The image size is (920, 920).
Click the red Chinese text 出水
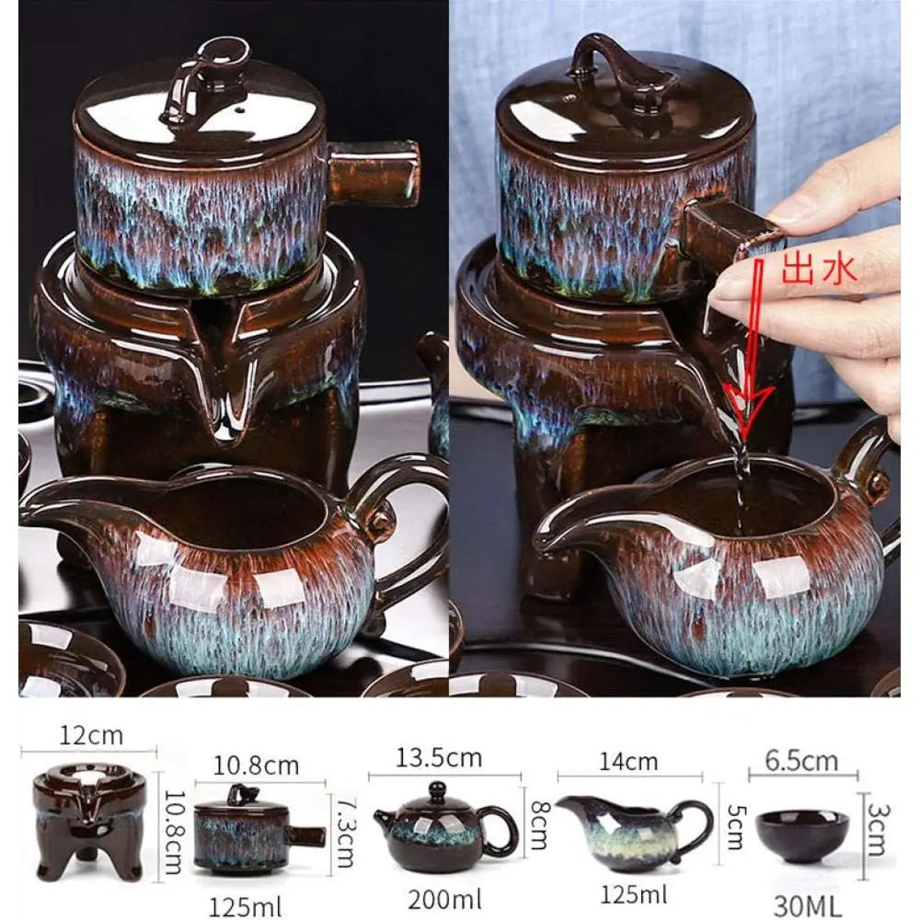pos(819,269)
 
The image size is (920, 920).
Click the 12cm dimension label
pos(90,736)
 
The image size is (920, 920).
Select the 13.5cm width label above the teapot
pos(440,758)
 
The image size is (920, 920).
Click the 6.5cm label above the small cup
pos(802,761)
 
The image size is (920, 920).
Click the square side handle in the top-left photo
pos(373,173)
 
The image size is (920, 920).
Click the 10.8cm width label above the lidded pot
pos(258,765)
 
